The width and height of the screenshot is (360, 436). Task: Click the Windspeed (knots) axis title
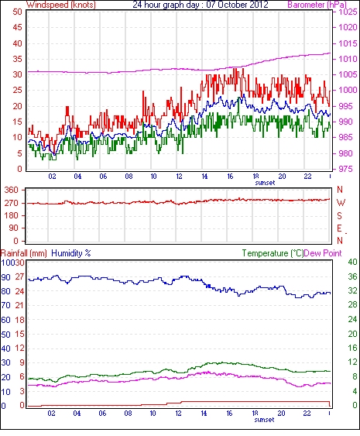point(61,5)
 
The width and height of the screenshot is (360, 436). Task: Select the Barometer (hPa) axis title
point(317,5)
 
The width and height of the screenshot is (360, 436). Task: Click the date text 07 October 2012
point(237,5)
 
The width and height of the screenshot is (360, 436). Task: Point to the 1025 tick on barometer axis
point(348,12)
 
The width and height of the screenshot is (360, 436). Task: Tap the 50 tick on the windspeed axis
point(17,12)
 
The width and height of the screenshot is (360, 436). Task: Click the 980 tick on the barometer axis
point(346,153)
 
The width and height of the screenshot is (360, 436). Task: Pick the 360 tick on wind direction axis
point(11,191)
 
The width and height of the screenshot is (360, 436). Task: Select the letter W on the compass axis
point(341,203)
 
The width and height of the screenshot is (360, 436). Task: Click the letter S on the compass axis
point(339,215)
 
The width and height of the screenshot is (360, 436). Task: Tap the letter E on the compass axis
point(339,228)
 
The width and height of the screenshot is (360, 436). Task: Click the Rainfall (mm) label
point(24,253)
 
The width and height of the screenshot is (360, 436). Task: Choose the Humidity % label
point(71,253)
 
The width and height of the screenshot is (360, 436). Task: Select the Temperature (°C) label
point(273,253)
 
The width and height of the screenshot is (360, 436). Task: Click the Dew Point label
point(323,253)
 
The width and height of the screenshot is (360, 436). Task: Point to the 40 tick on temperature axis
point(353,262)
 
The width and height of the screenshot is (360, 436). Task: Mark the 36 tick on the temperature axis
point(353,276)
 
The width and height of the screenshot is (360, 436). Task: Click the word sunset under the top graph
point(265,183)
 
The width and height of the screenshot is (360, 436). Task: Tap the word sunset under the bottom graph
point(264,419)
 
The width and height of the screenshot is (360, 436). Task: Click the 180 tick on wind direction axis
point(11,215)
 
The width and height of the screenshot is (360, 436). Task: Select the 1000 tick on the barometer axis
point(348,90)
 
